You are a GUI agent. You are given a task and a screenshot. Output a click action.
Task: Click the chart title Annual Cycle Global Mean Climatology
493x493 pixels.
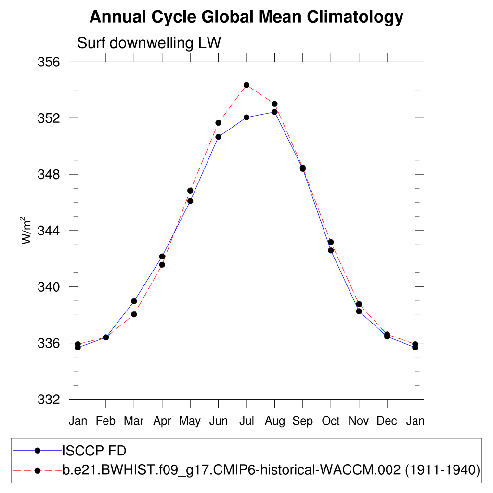[x=246, y=17]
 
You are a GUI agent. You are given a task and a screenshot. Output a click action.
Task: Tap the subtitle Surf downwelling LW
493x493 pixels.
[x=149, y=43]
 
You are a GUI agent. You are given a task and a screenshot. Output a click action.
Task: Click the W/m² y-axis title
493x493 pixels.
[x=26, y=231]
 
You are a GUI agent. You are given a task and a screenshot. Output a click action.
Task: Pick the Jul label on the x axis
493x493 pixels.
[x=246, y=421]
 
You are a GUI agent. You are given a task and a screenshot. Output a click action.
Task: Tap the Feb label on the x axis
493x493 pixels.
[x=105, y=421]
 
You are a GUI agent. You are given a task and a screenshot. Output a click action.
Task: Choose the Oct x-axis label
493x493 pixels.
[x=331, y=421]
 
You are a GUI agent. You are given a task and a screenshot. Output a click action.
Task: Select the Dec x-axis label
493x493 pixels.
[x=387, y=421]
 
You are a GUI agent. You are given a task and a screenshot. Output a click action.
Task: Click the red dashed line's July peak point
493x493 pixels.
[x=246, y=85]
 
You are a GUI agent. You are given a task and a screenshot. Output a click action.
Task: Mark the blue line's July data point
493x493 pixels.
[x=246, y=117]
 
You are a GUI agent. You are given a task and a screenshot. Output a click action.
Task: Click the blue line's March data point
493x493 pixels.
[x=134, y=301]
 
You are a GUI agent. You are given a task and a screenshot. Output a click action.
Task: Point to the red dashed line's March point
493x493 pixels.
[x=134, y=314]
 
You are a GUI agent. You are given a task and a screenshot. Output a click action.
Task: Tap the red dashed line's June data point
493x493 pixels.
[x=218, y=123]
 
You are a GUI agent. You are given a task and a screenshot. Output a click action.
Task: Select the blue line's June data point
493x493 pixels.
[x=218, y=137]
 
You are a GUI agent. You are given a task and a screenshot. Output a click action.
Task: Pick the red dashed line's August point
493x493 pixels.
[x=274, y=104]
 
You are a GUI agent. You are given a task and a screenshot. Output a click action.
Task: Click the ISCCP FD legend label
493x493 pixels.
[x=94, y=451]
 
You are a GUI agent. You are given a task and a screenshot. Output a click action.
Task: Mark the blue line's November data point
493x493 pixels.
[x=359, y=311]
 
